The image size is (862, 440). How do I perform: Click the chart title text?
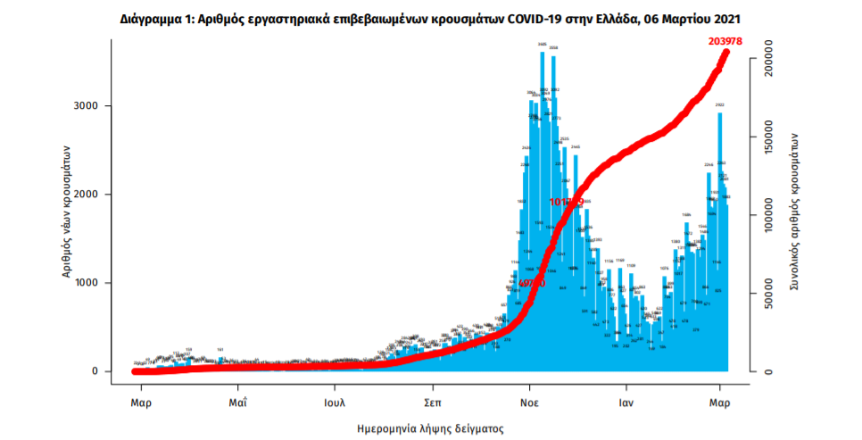pyautogui.click(x=430, y=18)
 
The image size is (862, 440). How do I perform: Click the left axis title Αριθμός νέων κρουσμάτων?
pyautogui.click(x=67, y=212)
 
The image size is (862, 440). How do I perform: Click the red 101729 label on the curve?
pyautogui.click(x=567, y=203)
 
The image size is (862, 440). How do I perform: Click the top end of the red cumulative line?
pyautogui.click(x=725, y=53)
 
